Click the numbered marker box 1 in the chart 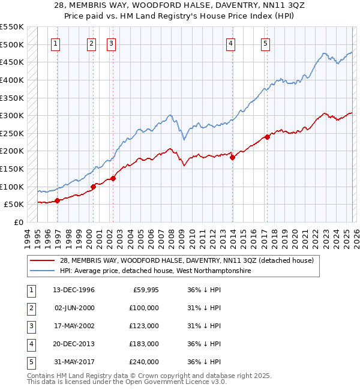pos(55,43)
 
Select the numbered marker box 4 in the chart pos(230,43)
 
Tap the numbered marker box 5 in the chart pos(265,43)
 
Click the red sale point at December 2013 pos(232,157)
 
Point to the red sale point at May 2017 pos(268,137)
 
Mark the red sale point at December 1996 pos(58,201)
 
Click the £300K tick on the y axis pos(12,115)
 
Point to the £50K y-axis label pos(14,205)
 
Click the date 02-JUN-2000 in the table pos(75,308)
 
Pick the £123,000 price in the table pos(144,326)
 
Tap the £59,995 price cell pos(146,290)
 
